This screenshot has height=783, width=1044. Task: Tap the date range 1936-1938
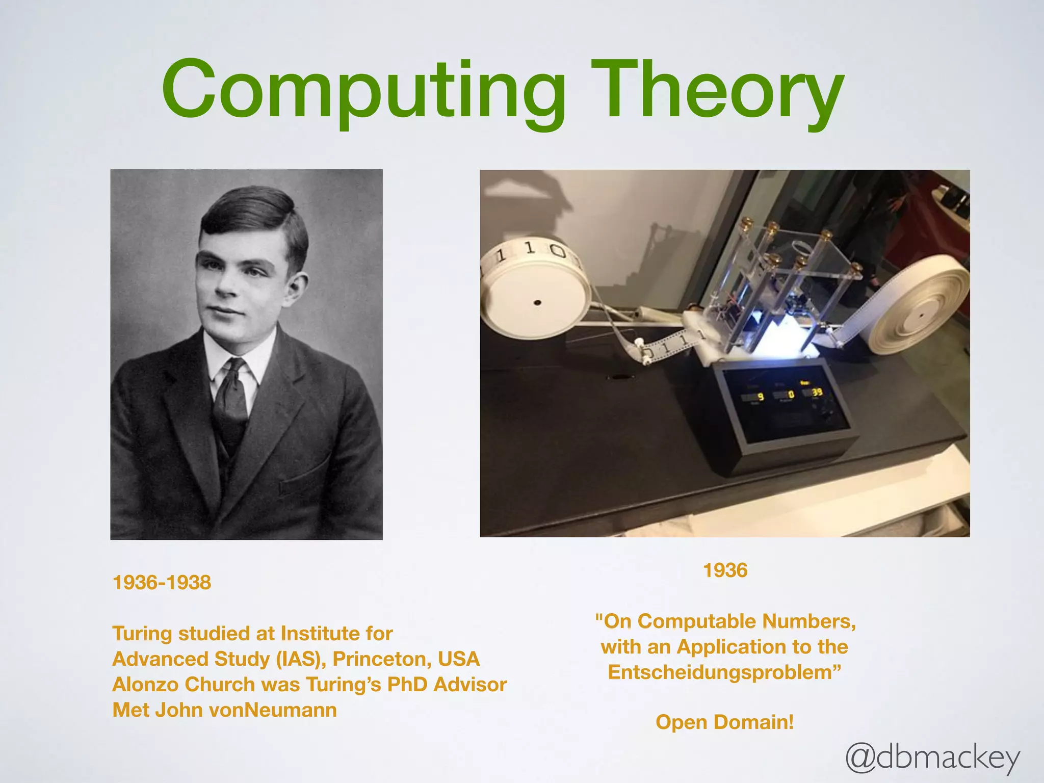coord(162,583)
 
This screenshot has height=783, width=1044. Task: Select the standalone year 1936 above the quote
coord(725,570)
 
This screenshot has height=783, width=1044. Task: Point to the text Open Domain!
coord(724,722)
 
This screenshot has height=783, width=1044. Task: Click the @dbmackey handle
coord(932,758)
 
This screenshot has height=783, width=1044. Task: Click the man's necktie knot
coord(236,368)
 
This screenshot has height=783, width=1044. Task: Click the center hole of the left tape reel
coord(537,303)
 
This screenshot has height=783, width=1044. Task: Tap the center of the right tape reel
coord(921,315)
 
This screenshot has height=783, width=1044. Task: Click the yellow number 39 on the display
coord(817,392)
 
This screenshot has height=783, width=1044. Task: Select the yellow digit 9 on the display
coord(761,397)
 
